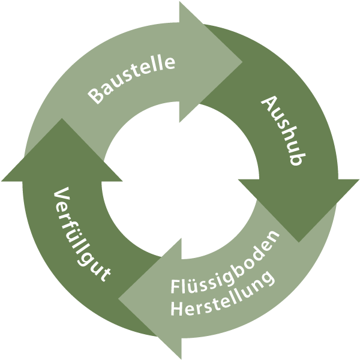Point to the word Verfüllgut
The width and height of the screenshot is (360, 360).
point(82,235)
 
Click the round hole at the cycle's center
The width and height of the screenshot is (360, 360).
point(180,180)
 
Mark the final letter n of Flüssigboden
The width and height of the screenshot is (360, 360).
point(274,238)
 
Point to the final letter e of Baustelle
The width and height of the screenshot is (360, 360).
point(170,61)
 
